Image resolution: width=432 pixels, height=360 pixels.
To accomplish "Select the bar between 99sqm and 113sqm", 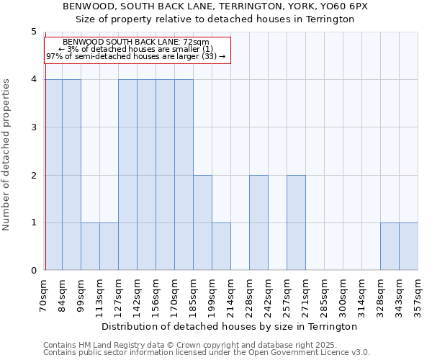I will (x=90, y=246).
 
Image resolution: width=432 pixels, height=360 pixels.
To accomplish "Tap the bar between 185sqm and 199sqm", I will (x=202, y=222).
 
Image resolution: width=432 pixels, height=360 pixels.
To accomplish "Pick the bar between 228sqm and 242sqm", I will (x=258, y=222).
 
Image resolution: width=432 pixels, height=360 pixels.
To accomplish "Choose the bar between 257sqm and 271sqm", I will (x=296, y=222).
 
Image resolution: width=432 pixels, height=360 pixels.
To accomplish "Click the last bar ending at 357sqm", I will (x=408, y=246).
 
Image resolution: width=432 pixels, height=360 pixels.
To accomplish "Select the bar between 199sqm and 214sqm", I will (x=221, y=246).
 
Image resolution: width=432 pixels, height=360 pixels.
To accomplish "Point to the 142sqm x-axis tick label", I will (x=138, y=294).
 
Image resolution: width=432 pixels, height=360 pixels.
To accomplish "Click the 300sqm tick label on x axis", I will (x=343, y=294).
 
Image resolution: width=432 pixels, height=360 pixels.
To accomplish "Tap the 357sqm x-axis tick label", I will (x=418, y=294).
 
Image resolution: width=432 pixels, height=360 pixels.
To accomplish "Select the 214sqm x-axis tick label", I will (x=231, y=294).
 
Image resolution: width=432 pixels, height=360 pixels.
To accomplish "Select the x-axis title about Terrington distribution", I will (x=230, y=326).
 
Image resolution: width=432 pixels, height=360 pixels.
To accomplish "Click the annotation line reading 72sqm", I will (x=136, y=42).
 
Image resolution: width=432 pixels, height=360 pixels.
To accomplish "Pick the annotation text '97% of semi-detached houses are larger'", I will (x=136, y=56).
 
